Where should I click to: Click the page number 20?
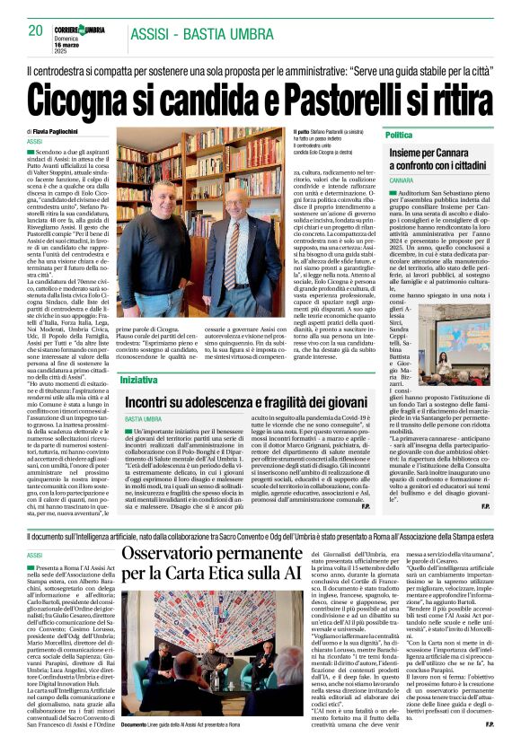tap(35, 31)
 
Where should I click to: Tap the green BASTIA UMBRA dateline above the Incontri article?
tap(144, 419)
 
